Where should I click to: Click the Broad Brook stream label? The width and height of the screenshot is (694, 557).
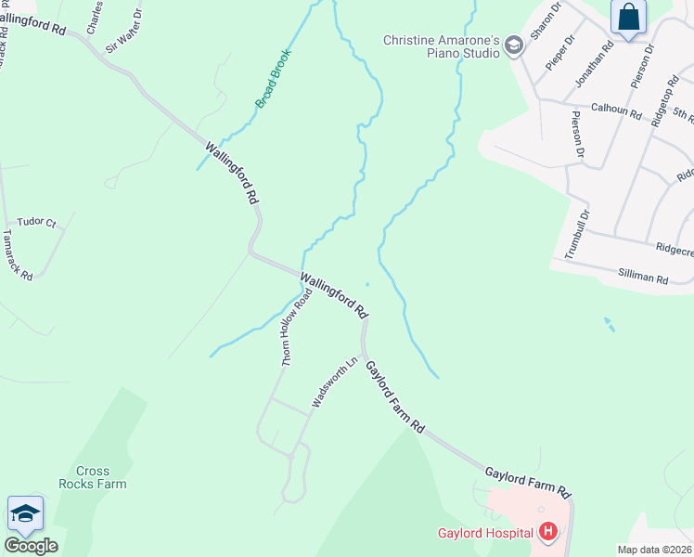point(274,79)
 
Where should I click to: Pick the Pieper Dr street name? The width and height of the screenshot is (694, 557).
point(561,52)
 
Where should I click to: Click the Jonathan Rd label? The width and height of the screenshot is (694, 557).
point(595,63)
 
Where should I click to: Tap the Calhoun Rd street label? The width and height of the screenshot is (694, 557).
point(616,110)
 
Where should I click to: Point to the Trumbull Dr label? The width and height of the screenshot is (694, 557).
point(577,236)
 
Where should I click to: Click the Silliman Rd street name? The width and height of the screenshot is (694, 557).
point(643,276)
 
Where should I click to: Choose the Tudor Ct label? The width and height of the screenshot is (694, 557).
point(37,222)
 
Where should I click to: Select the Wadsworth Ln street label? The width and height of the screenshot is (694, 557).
point(334,382)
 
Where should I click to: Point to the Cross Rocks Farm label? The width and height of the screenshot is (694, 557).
point(92,477)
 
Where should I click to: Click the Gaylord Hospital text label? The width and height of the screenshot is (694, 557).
point(486,533)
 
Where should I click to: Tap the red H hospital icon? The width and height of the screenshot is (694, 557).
point(548,532)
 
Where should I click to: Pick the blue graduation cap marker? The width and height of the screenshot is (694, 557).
point(25,513)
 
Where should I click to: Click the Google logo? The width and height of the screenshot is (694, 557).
point(31,546)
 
